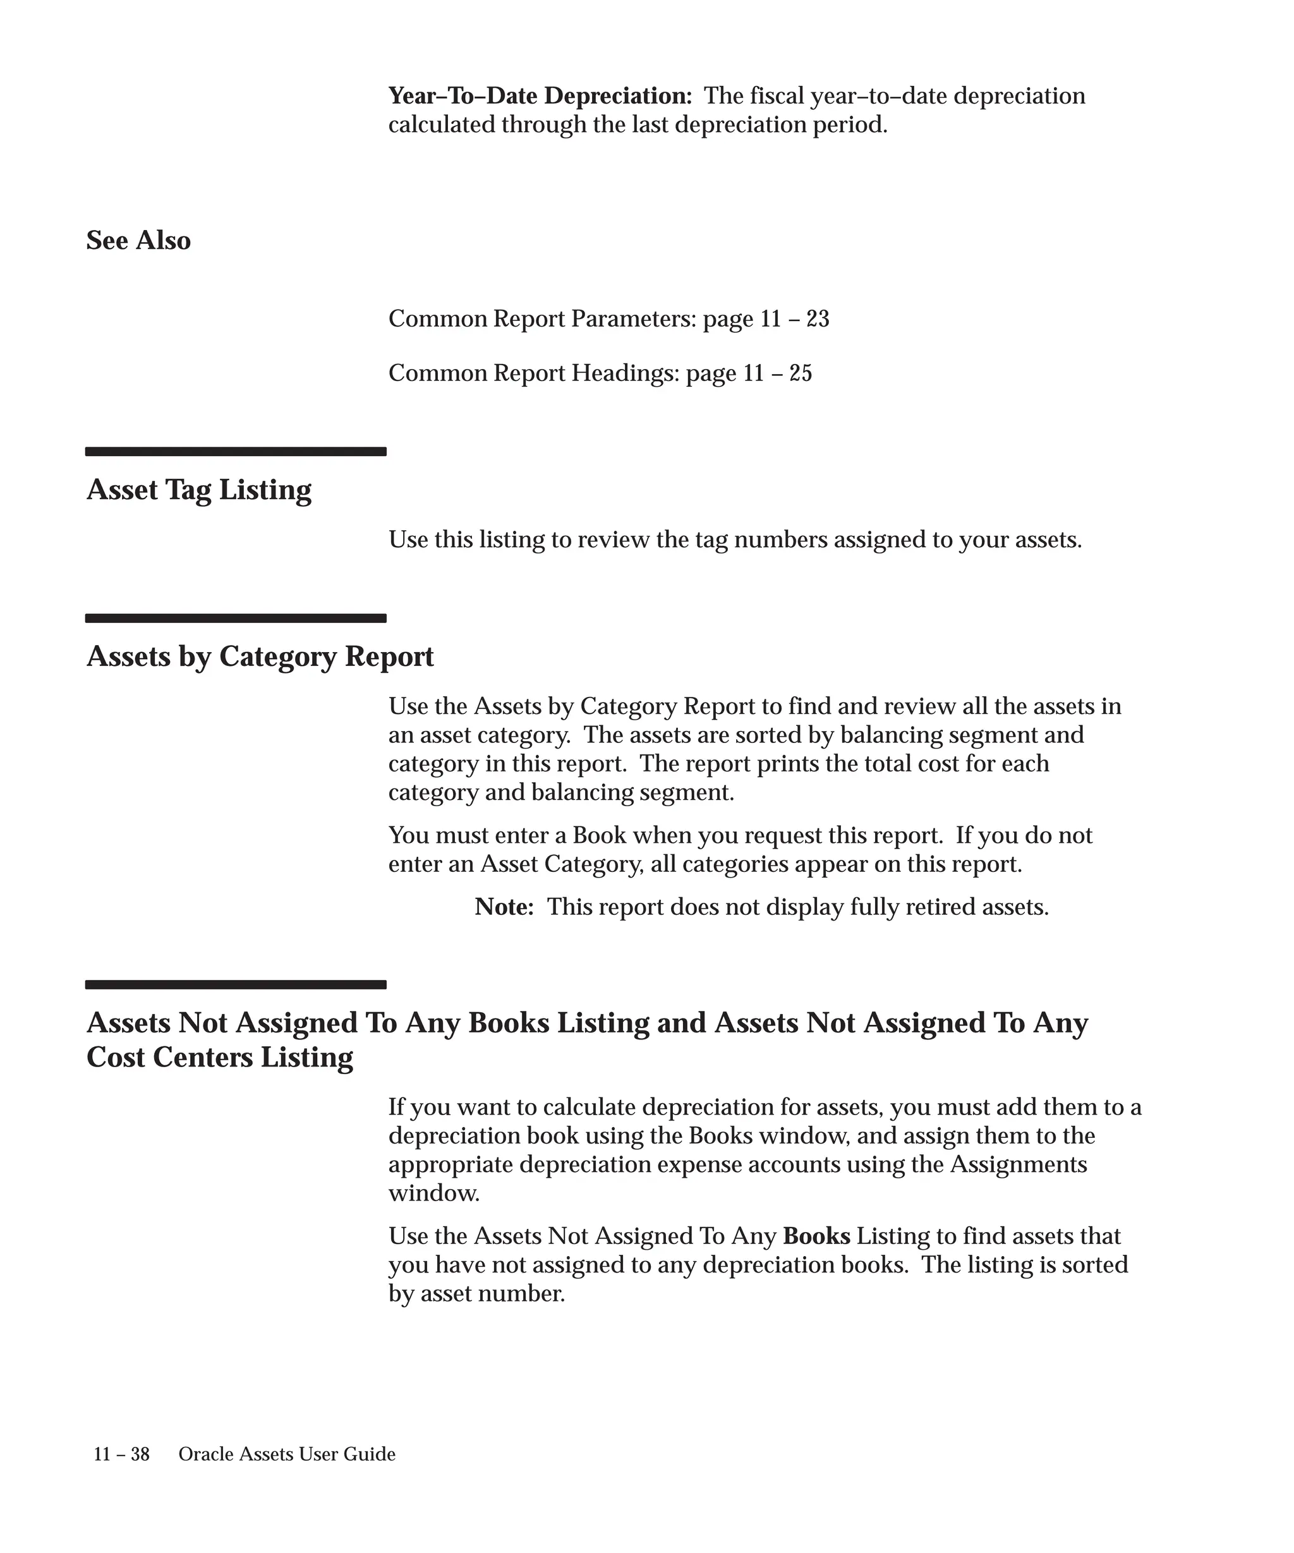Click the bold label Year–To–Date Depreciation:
pyautogui.click(x=540, y=96)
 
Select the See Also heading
pyautogui.click(x=138, y=240)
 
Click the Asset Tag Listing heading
pyautogui.click(x=199, y=490)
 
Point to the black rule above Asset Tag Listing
pyautogui.click(x=236, y=451)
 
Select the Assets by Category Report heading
pyautogui.click(x=260, y=656)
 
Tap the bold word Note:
pyautogui.click(x=504, y=907)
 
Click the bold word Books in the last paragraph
pyautogui.click(x=816, y=1236)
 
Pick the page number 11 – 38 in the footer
pyautogui.click(x=121, y=1454)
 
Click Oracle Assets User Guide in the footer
pyautogui.click(x=287, y=1454)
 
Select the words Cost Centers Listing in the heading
pyautogui.click(x=220, y=1058)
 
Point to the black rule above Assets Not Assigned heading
pyautogui.click(x=236, y=984)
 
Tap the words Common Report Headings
pyautogui.click(x=533, y=373)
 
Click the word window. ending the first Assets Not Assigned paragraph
pyautogui.click(x=434, y=1193)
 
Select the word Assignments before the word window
pyautogui.click(x=1018, y=1164)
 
